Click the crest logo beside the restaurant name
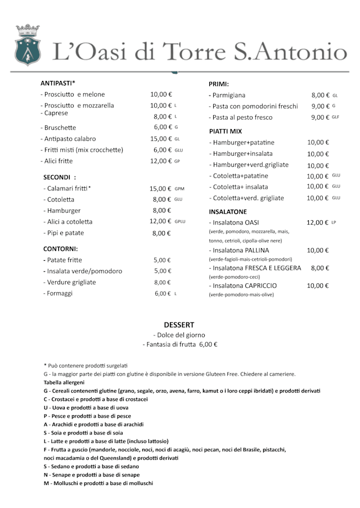(x=28, y=45)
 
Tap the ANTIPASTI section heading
(x=58, y=83)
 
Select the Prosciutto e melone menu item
(x=73, y=94)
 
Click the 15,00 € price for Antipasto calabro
(x=161, y=139)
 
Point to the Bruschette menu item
(x=58, y=128)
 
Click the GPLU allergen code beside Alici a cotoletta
(x=180, y=221)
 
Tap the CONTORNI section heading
(x=60, y=248)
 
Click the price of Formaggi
(x=163, y=293)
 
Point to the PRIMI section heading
(x=218, y=84)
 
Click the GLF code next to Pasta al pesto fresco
(x=335, y=117)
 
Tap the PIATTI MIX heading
(x=225, y=131)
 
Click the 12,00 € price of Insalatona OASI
(x=317, y=223)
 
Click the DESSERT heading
(x=179, y=325)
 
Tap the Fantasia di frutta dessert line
(x=180, y=344)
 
